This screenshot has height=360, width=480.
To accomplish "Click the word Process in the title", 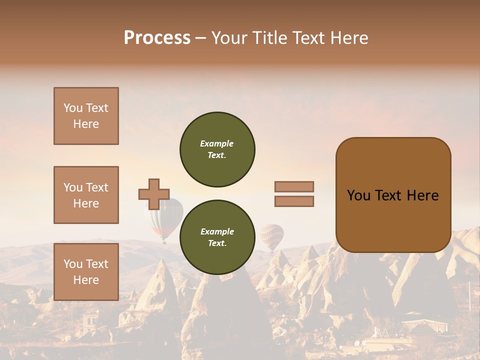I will coord(157,38).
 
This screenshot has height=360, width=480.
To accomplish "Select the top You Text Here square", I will coord(86,116).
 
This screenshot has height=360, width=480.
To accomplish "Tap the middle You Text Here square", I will coord(86,195).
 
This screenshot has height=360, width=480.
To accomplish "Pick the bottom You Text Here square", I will coord(86,272).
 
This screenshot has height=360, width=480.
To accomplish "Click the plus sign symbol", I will coord(154,194).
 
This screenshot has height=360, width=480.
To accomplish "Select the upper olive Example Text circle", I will coord(217,149).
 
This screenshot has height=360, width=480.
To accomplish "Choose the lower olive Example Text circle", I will coord(217,237).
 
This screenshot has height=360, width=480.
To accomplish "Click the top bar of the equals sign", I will coord(294,186).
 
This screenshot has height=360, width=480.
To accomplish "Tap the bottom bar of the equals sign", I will coord(294,201).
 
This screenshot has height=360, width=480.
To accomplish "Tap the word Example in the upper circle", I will coord(217,143).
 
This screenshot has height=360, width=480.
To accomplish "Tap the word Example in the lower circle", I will coord(217,231).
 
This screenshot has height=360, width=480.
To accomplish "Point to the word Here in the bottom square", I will coord(86,280).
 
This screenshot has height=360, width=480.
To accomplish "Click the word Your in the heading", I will coord(230,38).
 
